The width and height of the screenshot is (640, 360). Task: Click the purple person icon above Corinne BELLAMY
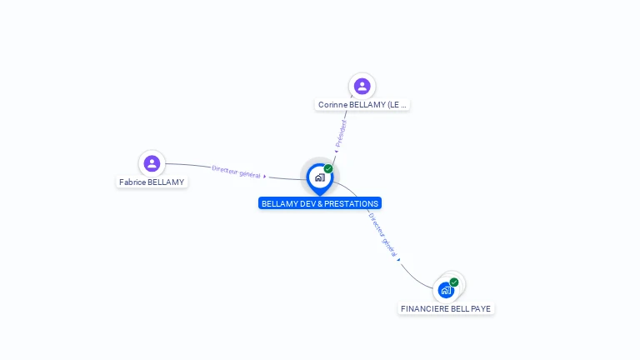coord(362,86)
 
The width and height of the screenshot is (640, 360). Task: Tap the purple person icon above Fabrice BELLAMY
coord(152,163)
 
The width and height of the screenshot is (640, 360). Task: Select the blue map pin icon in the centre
coord(319,177)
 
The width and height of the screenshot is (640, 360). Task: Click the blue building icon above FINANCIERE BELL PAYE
coord(446,290)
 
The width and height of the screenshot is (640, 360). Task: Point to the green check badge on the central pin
coord(328,169)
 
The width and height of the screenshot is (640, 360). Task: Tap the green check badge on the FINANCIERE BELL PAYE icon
coord(454,282)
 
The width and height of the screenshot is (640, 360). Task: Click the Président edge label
coord(341,133)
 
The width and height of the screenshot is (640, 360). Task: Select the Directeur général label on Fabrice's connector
coord(236,171)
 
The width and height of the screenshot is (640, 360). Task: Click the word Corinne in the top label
coord(333,105)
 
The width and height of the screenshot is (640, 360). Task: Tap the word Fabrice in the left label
coord(132,182)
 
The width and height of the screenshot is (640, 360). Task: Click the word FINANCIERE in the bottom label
coord(424,308)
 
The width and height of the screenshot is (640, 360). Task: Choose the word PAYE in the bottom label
coord(481,308)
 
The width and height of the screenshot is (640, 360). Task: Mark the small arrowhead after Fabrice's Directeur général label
coord(264,176)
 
